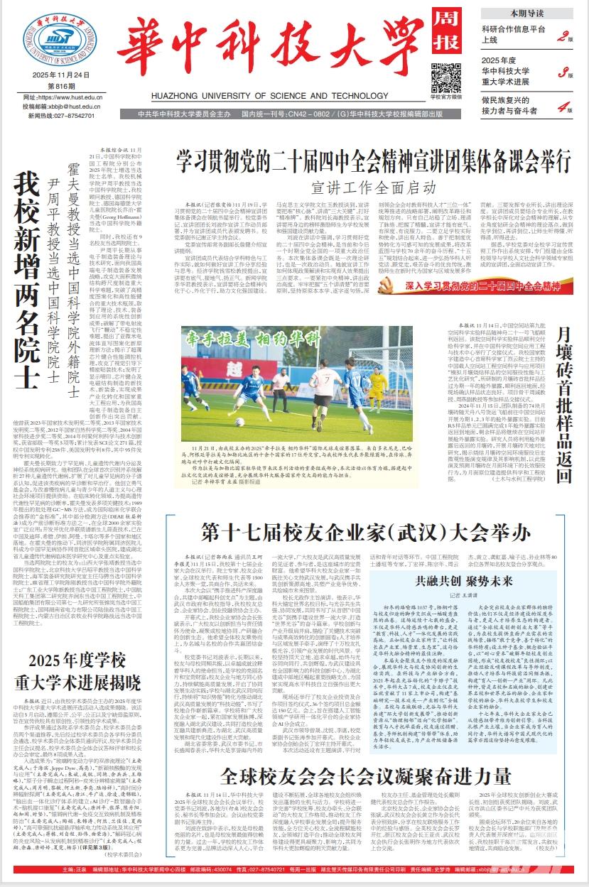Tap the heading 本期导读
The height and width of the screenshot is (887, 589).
click(x=526, y=13)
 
